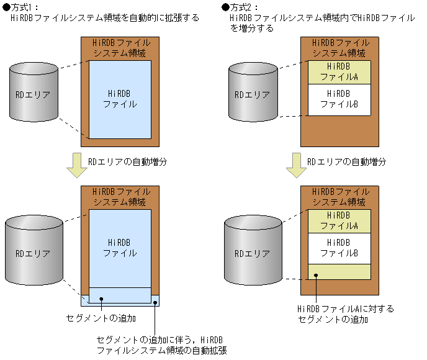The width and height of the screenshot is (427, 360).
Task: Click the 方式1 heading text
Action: point(25,7)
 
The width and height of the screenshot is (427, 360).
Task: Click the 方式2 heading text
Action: point(243,7)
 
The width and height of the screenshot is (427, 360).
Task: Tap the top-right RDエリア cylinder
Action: point(251,95)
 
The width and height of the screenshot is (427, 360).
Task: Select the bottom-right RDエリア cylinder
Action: point(251,254)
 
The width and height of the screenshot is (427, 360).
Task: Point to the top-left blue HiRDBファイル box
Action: point(120,99)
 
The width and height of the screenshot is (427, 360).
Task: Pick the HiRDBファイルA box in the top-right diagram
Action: point(339,72)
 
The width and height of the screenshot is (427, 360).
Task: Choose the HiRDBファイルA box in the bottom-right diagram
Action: point(339,220)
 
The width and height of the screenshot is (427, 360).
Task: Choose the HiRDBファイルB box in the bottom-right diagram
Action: point(339,248)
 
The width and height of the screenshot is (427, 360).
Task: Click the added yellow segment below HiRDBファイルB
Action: point(339,271)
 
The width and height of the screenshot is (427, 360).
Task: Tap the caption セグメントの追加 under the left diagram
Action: point(101,318)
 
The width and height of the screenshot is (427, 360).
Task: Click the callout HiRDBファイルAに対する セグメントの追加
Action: point(346,314)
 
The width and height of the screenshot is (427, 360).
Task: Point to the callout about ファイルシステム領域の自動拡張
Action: point(161,345)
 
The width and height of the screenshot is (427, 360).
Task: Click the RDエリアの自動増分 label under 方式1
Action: point(127,161)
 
